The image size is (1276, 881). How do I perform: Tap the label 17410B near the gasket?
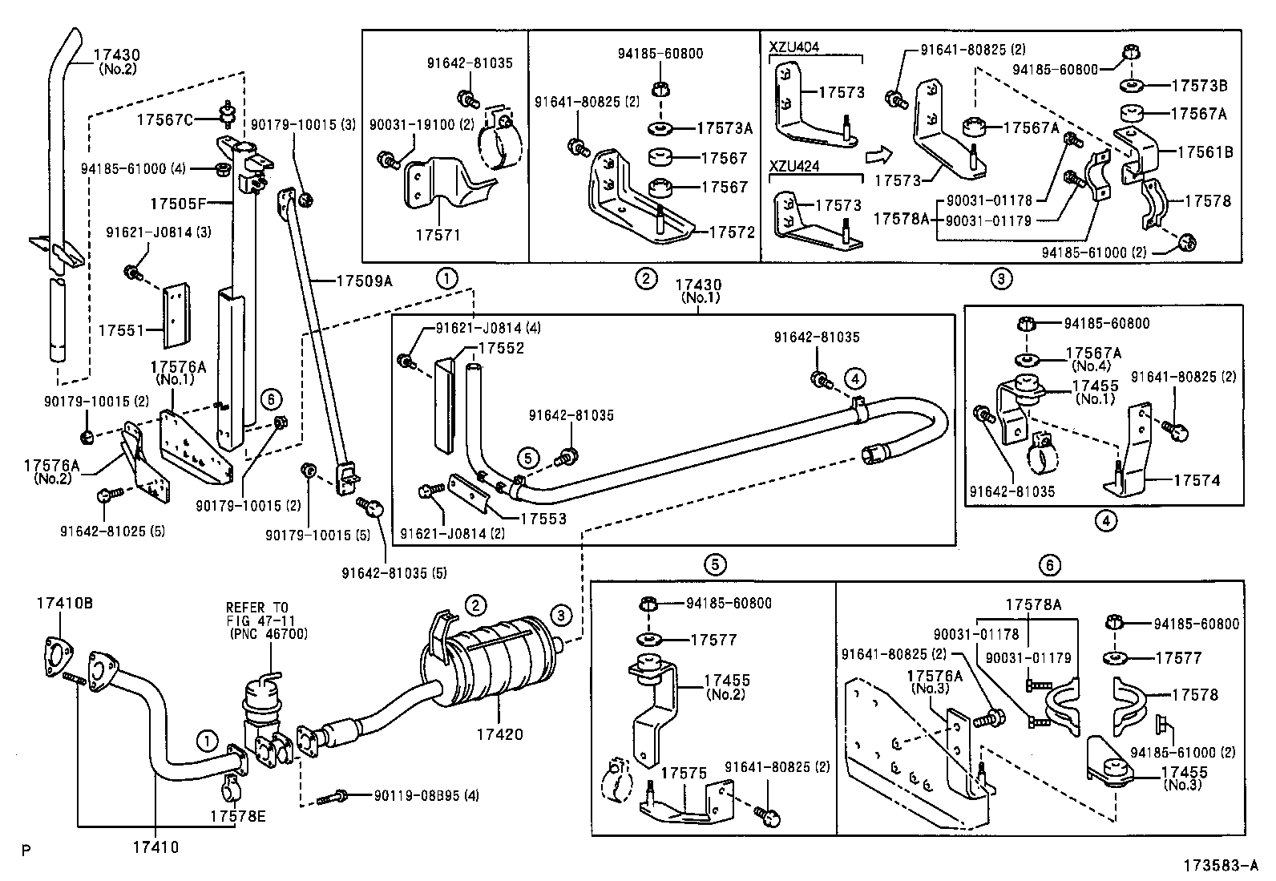pos(63,602)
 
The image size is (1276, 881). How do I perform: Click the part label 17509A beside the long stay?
pos(364,281)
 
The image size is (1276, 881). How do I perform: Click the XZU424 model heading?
pos(794,166)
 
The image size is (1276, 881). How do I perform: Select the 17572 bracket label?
pos(732,232)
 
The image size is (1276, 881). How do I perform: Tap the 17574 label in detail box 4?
pos(1197,480)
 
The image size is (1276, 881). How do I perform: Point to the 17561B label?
pos(1205,151)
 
